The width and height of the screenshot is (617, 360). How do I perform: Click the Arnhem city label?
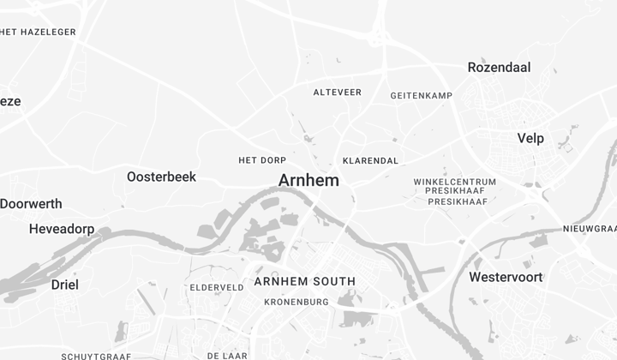pyautogui.click(x=308, y=181)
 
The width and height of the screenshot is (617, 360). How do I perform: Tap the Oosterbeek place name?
pyautogui.click(x=161, y=177)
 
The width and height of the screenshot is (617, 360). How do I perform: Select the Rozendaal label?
pyautogui.click(x=499, y=67)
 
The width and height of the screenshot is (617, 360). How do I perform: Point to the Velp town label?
pyautogui.click(x=530, y=138)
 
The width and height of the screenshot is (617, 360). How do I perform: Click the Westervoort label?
pyautogui.click(x=506, y=277)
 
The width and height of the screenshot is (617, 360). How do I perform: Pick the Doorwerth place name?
pyautogui.click(x=32, y=204)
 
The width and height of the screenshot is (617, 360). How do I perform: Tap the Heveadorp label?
pyautogui.click(x=62, y=229)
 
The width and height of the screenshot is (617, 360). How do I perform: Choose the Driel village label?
pyautogui.click(x=64, y=285)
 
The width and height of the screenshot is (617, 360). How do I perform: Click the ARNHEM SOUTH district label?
pyautogui.click(x=304, y=282)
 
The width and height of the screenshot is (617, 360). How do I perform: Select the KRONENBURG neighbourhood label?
pyautogui.click(x=297, y=302)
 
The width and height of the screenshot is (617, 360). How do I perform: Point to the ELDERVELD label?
pyautogui.click(x=217, y=287)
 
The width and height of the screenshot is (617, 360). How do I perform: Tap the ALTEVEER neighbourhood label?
pyautogui.click(x=338, y=92)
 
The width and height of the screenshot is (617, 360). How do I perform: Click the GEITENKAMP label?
pyautogui.click(x=421, y=95)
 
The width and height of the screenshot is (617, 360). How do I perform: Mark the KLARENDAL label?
pyautogui.click(x=370, y=160)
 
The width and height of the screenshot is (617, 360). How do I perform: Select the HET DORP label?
pyautogui.click(x=262, y=160)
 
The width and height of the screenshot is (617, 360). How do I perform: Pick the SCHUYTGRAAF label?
pyautogui.click(x=96, y=356)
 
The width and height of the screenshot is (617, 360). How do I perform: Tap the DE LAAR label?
pyautogui.click(x=227, y=355)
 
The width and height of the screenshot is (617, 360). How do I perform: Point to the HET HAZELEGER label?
pyautogui.click(x=39, y=32)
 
